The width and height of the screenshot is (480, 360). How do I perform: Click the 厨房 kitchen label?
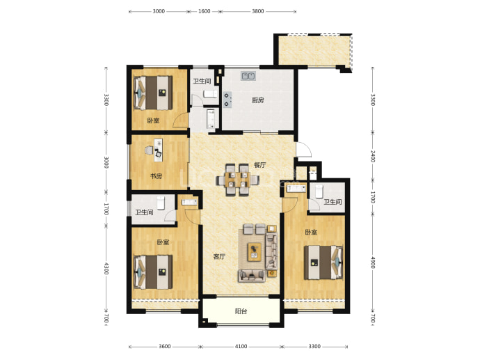258,100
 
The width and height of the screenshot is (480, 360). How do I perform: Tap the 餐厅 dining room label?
260,165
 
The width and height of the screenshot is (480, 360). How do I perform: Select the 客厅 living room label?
219,256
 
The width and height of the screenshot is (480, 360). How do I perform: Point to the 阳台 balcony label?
241,311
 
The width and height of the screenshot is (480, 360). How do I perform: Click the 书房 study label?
156,176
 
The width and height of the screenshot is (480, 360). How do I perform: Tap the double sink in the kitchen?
248,76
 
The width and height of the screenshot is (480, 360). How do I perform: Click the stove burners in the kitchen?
227,100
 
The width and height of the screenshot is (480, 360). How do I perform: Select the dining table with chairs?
238,180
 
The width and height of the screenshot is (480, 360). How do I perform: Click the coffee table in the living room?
255,252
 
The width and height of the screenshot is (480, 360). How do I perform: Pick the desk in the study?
159,150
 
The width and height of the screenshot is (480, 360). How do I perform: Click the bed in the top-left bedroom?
153,93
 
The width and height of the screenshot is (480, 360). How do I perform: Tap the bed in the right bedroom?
323,263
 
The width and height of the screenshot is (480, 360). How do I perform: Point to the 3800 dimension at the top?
258,11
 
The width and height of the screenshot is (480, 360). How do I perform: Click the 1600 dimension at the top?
205,11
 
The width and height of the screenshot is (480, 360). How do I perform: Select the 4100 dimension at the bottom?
241,347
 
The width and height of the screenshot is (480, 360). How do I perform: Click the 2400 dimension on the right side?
373,156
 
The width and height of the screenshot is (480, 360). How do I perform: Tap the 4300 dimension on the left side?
106,268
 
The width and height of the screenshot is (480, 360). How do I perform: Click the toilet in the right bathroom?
319,191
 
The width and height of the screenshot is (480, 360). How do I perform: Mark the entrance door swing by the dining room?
304,150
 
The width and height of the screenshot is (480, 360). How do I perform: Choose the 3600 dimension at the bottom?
164,347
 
